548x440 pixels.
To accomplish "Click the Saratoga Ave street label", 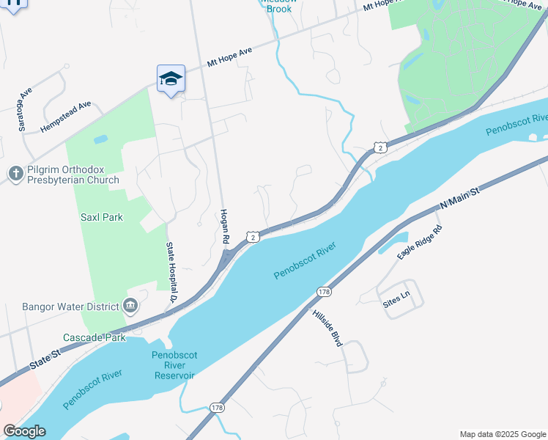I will (26, 110).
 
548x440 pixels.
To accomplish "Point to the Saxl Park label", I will (102, 217).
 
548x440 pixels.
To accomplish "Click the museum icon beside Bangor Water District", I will (130, 306).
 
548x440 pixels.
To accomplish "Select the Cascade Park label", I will (94, 337).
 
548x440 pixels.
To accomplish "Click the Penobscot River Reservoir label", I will (174, 365).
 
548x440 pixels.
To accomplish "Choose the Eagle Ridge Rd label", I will (421, 243).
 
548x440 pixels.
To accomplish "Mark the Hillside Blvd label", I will (327, 327).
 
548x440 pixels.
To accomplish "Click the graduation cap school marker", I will (171, 78).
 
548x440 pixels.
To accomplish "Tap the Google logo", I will (24, 430).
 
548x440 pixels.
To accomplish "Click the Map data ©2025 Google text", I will (502, 434).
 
